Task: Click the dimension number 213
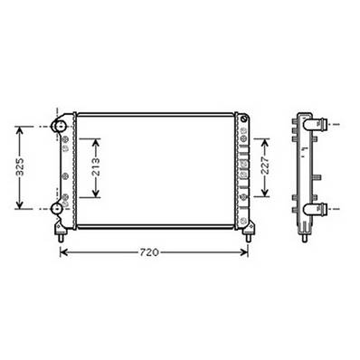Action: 97,167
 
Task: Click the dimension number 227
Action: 265,167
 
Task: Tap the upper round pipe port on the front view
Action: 59,127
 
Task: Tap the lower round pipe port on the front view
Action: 59,209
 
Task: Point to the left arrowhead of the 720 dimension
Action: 63,251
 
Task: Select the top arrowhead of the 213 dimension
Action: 97,141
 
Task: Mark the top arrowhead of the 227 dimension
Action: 265,141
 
